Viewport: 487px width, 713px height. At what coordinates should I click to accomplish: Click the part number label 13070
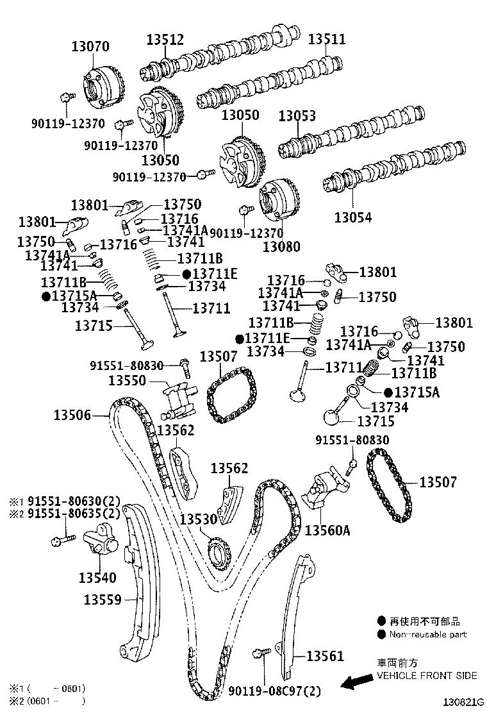point(90,46)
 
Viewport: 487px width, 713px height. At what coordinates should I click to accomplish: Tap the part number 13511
point(327,39)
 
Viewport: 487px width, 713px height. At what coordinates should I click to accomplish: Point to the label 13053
point(297,115)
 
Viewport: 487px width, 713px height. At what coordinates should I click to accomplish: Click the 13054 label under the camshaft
point(352,217)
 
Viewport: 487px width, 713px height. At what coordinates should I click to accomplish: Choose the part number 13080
point(281,246)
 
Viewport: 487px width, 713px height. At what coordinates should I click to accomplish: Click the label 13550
point(128,381)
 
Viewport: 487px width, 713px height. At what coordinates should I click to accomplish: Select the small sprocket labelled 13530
point(219,550)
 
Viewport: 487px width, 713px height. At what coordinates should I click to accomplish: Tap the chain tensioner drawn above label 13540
point(99,542)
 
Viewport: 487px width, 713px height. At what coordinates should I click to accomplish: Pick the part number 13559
point(103,600)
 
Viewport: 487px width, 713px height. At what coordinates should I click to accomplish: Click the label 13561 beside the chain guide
point(325,656)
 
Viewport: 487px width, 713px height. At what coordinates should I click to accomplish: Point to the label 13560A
point(327,530)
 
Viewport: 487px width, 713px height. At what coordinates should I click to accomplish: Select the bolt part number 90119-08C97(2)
point(274,691)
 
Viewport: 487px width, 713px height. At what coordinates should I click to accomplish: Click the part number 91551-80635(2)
point(73,513)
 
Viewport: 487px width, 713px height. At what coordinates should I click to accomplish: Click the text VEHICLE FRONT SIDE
point(426,675)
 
